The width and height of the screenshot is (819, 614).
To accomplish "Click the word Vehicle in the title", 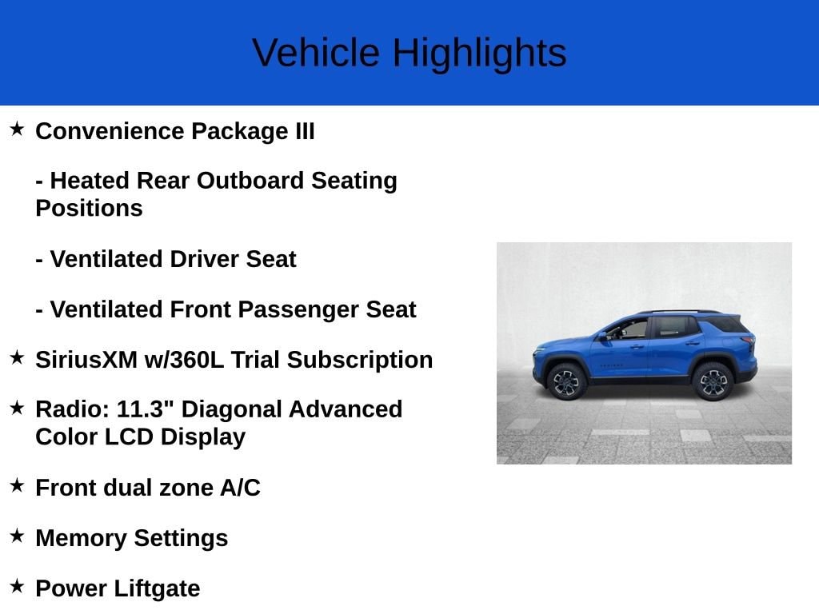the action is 316,53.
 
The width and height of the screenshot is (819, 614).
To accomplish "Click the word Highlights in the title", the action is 480,54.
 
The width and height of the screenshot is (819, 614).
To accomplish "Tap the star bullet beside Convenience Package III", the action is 17,129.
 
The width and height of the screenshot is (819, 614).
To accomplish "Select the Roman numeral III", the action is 305,131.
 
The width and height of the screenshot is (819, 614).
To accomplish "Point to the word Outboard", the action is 250,181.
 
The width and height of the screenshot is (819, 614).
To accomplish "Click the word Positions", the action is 90,209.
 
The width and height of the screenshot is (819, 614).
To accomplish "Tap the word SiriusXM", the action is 86,360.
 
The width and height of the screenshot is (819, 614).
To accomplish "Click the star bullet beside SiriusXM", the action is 17,357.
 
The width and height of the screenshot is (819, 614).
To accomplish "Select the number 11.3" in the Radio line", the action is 145,409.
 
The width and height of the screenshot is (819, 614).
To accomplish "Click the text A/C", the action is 240,488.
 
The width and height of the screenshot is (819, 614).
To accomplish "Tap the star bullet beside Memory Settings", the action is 17,536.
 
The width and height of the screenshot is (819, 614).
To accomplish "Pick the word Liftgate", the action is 157,589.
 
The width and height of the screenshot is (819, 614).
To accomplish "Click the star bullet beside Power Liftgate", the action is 17,586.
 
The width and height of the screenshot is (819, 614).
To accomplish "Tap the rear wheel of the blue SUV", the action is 713,382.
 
